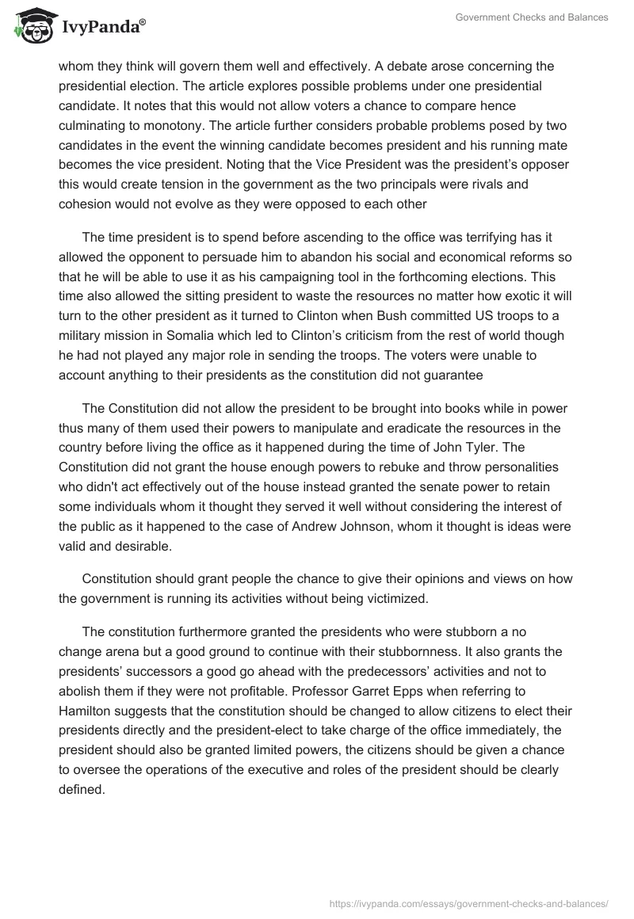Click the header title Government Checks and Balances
[531, 17]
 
